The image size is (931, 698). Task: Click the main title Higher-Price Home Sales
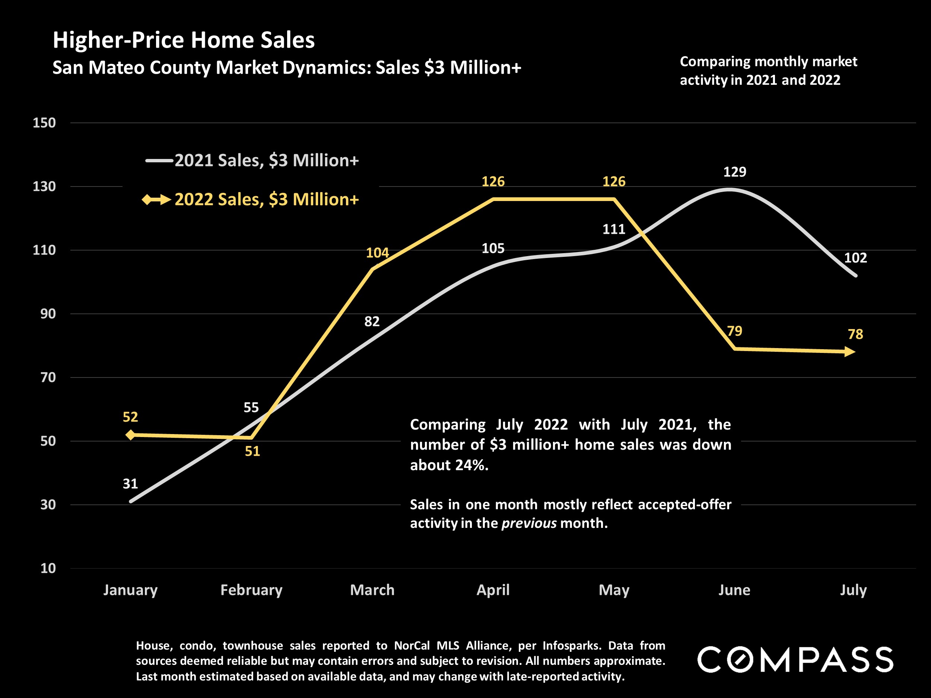point(184,40)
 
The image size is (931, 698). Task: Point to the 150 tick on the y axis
point(44,123)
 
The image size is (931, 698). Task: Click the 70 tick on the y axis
point(48,377)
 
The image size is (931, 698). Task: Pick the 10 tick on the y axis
point(48,568)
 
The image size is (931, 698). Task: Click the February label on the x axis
point(251,590)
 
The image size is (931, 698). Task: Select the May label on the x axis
point(614,590)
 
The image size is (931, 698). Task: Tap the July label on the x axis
point(853,590)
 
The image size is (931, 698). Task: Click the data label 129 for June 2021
point(734,172)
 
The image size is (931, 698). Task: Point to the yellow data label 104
point(377,253)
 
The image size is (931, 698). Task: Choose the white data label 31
point(130,484)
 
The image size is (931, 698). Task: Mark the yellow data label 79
point(734,331)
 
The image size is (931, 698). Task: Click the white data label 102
point(855,258)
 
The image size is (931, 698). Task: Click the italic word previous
point(529,523)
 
